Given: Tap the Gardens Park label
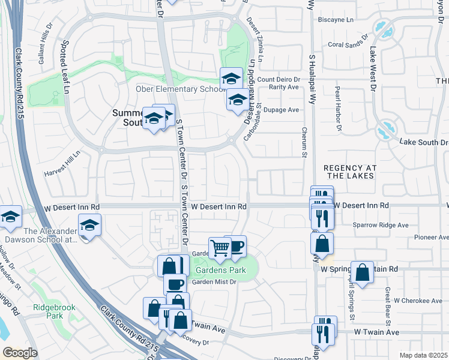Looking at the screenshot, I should point(220,270).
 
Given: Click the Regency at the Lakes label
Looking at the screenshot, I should point(349,172).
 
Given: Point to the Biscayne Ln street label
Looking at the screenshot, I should point(346,19).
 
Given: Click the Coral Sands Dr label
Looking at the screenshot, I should point(348,44).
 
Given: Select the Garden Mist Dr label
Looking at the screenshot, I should point(214,282).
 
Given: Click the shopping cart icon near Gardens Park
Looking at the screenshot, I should point(220,247).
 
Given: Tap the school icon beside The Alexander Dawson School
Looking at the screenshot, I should point(90,225).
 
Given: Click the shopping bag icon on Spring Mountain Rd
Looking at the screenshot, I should point(363,272).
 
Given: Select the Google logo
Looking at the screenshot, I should point(20,353).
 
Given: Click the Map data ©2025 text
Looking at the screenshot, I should point(423,355).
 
